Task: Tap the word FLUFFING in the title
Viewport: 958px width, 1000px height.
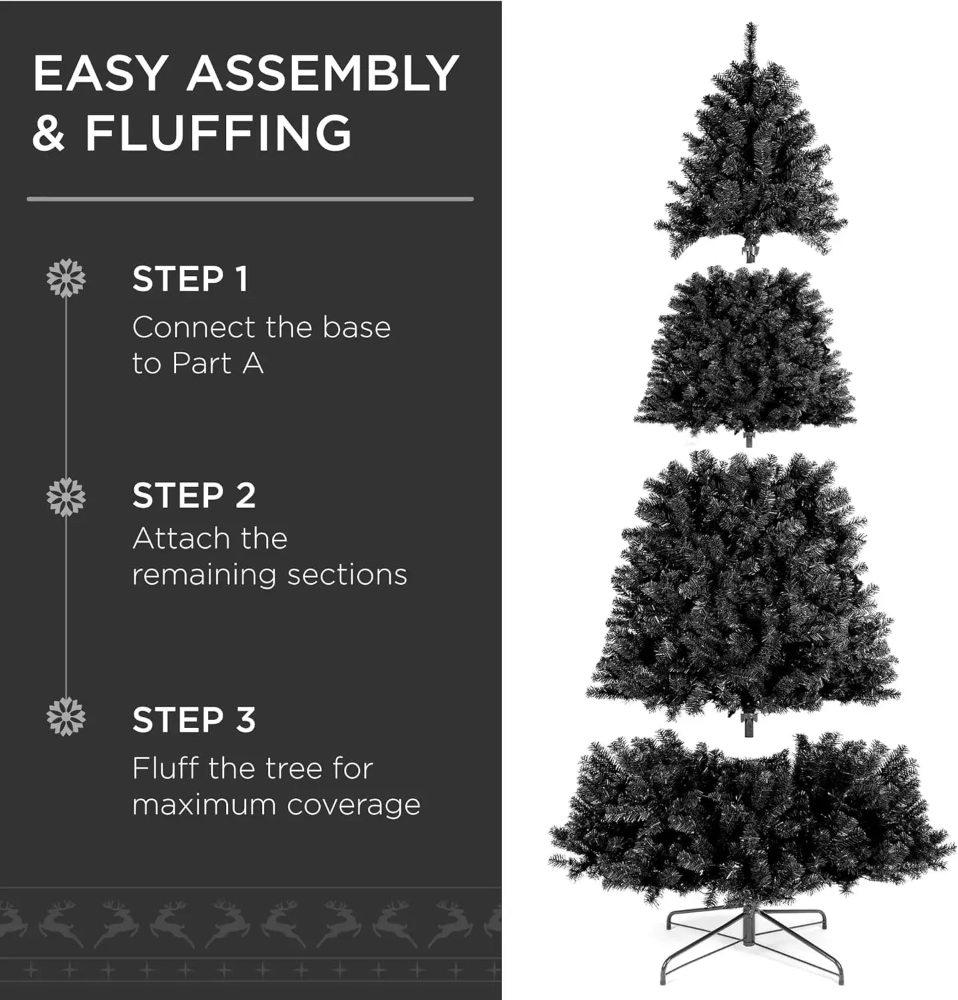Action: (218, 133)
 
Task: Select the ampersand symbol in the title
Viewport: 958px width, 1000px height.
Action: (49, 133)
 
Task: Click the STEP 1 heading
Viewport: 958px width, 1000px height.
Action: (190, 279)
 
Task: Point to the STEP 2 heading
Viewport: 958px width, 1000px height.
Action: (194, 496)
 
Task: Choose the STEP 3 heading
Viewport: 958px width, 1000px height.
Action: (194, 720)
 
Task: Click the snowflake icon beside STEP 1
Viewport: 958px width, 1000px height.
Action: (66, 278)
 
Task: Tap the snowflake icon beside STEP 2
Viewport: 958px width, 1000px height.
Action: (66, 497)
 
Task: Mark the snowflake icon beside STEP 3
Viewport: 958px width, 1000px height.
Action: (66, 717)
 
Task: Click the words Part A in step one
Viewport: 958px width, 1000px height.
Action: (217, 364)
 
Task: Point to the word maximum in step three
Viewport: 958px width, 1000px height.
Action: (204, 805)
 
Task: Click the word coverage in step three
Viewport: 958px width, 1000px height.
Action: (354, 806)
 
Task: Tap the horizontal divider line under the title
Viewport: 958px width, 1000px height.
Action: (250, 199)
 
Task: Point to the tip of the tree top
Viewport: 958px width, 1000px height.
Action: (751, 23)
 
